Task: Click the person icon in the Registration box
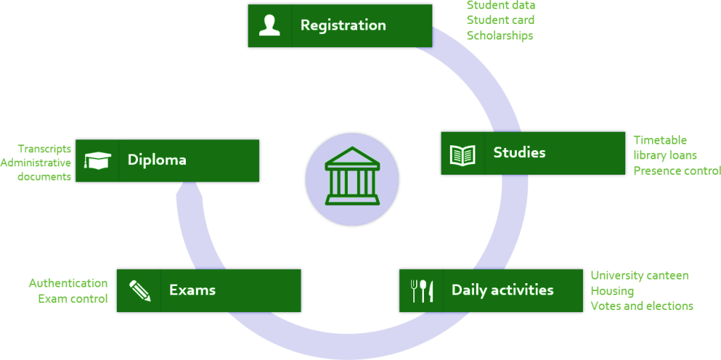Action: (270, 25)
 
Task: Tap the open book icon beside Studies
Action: (463, 154)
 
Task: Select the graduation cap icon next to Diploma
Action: (97, 161)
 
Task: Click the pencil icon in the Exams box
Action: (139, 290)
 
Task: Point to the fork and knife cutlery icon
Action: (421, 290)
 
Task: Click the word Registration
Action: (343, 25)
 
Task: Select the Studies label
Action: (519, 153)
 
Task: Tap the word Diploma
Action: (156, 160)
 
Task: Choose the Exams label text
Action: (192, 290)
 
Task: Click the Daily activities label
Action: (502, 290)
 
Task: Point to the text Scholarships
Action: (499, 35)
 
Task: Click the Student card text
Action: (500, 20)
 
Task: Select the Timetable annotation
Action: (660, 139)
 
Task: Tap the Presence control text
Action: (676, 170)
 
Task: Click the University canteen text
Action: (639, 275)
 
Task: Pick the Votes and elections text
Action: (641, 306)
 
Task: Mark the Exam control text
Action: (73, 299)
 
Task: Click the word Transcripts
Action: (44, 149)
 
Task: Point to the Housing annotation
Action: (612, 291)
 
